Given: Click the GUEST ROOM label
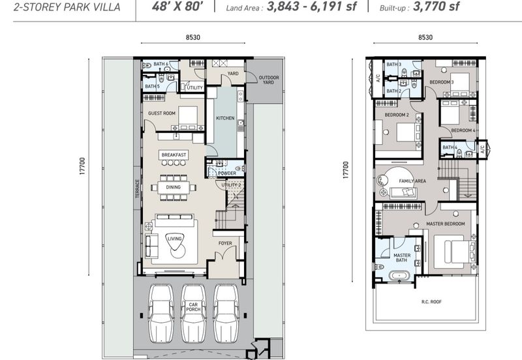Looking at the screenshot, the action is [161, 113].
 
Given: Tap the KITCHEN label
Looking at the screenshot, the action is [225, 118].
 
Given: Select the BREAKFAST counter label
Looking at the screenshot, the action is [174, 155].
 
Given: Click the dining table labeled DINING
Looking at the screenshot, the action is [174, 187].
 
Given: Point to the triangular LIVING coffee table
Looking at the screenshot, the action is [174, 241].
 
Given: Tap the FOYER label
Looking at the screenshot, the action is [225, 243].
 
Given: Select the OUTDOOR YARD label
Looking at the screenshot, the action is [269, 80].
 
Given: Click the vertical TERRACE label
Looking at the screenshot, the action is [138, 188].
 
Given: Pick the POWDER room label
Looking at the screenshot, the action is [227, 173].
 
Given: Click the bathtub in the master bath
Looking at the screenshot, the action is [400, 276].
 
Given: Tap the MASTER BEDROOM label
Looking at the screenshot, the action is [446, 224].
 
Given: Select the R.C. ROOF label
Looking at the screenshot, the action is [431, 302].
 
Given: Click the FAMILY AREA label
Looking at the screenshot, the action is [412, 181].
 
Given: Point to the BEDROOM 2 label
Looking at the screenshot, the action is [397, 115].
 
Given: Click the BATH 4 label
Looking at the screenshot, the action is [450, 147].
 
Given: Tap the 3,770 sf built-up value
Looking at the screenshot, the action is [436, 7].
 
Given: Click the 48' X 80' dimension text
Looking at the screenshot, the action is [177, 7].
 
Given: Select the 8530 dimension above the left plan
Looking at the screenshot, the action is [193, 37].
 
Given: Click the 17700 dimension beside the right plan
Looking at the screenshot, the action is [346, 170].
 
